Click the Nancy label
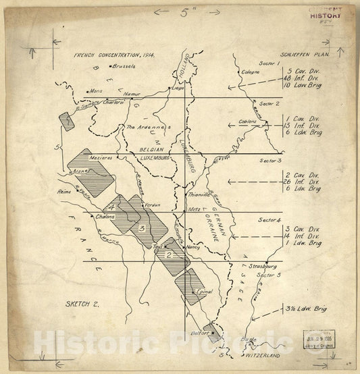pos(193,248)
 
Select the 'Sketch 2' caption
pos(82,304)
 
